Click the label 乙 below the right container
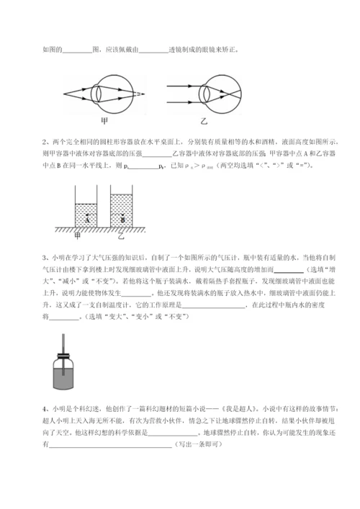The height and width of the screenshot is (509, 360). (122, 235)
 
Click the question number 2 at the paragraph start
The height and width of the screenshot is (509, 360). (45, 142)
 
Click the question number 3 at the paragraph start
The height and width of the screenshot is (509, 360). (45, 257)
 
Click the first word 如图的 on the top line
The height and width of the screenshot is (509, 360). (53, 50)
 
